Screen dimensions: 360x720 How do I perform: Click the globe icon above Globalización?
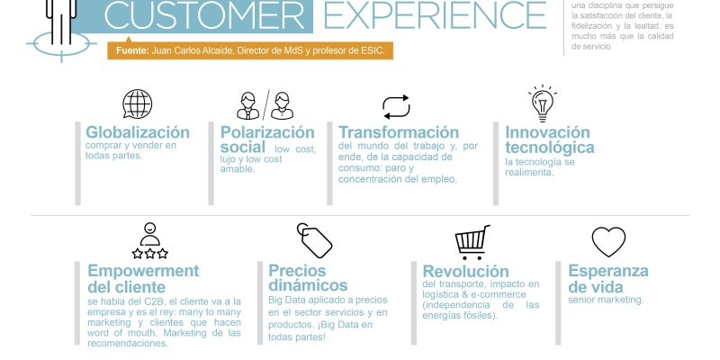pos(137,104)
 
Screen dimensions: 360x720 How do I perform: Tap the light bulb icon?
pos(543,103)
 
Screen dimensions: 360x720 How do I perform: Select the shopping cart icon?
pos(472,241)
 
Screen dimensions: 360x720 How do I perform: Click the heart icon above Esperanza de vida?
pos(608,241)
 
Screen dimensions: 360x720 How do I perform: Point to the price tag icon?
pos(314,240)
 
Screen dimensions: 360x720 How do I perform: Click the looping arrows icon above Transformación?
pos(396,107)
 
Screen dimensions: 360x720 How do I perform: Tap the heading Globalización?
pos(138,132)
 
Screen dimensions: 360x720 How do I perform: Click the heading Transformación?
pos(399,132)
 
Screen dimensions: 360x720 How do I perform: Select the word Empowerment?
pos(143,271)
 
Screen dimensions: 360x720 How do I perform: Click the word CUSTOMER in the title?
pos(208,15)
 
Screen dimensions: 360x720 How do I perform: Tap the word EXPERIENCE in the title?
pos(435,15)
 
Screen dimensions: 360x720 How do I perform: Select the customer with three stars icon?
pos(149,241)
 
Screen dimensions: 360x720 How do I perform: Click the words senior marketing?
pos(606,300)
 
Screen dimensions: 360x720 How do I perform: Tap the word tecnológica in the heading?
pos(550,148)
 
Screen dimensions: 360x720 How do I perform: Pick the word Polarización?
pos(267,132)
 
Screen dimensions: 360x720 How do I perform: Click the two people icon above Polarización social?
pos(265,105)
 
